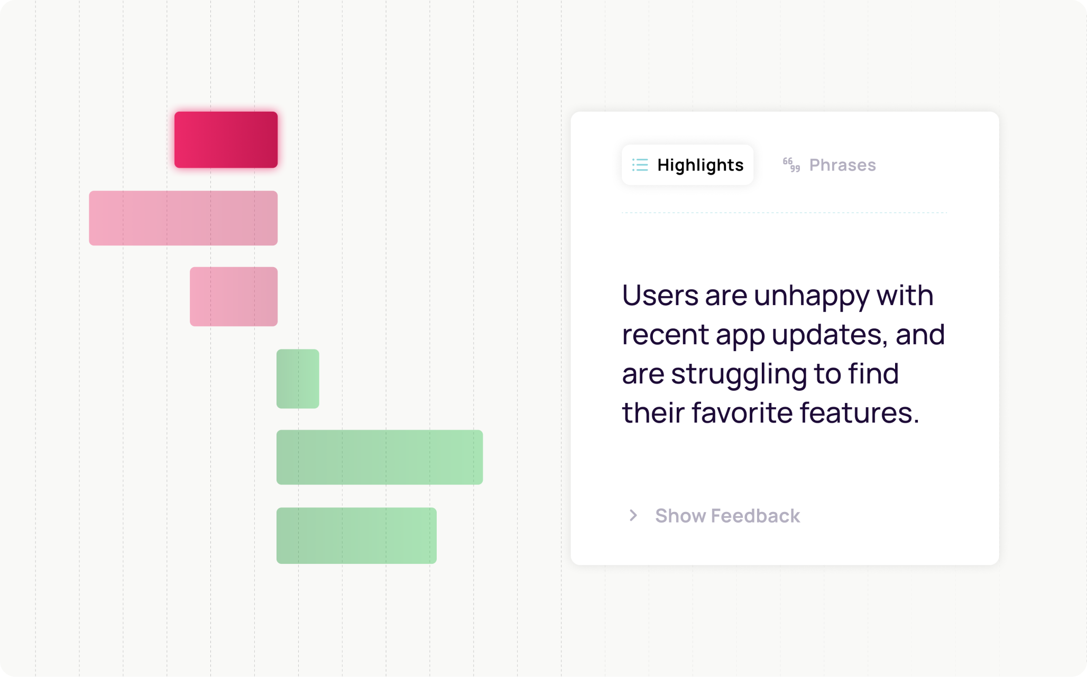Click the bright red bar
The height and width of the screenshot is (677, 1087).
pyautogui.click(x=226, y=140)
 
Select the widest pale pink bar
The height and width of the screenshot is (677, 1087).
pyautogui.click(x=183, y=218)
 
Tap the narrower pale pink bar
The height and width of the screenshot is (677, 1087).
pyautogui.click(x=234, y=296)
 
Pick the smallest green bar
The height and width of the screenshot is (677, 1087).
pyautogui.click(x=298, y=379)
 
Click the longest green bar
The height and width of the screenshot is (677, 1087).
pyautogui.click(x=380, y=457)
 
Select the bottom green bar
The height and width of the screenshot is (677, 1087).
pyautogui.click(x=356, y=535)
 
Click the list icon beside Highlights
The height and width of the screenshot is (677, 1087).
pyautogui.click(x=640, y=165)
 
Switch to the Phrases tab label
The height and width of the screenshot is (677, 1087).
pyautogui.click(x=842, y=165)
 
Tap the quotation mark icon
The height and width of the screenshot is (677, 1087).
pyautogui.click(x=791, y=165)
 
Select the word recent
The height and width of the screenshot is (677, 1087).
pyautogui.click(x=665, y=335)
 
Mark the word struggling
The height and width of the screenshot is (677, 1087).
pyautogui.click(x=739, y=374)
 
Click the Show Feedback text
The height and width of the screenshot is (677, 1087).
pyautogui.click(x=727, y=516)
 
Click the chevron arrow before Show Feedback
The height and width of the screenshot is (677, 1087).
pyautogui.click(x=633, y=515)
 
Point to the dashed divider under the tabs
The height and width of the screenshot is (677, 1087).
pyautogui.click(x=784, y=213)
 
